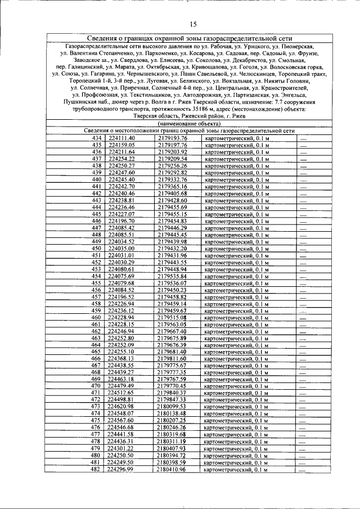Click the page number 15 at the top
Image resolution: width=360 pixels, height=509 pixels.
(193, 24)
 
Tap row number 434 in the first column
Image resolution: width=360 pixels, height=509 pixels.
(97, 138)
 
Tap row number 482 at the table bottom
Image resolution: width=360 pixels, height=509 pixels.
(97, 469)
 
